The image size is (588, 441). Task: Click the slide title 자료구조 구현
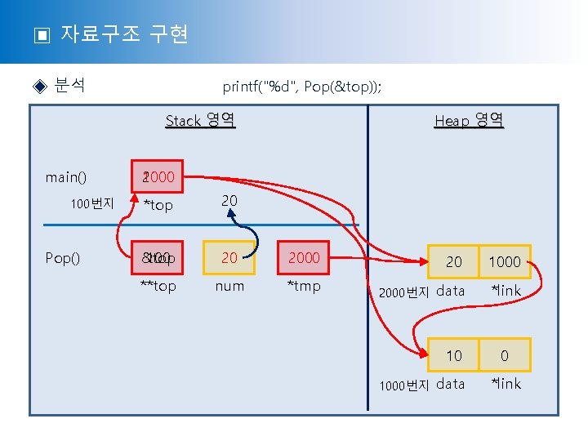coord(124,34)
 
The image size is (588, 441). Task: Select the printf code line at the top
coord(301,87)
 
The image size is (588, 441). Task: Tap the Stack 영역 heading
coord(200,121)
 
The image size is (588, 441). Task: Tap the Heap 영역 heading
coord(469,121)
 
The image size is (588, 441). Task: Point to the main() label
coord(66,176)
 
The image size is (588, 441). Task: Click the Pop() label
coord(64,258)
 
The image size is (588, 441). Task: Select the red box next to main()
coord(160,176)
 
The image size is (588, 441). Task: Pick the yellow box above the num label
coord(229,257)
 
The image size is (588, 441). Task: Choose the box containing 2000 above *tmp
coord(304,257)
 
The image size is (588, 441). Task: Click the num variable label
coord(229,286)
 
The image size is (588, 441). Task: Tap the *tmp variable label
coord(304,286)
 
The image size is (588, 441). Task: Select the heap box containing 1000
coord(505,261)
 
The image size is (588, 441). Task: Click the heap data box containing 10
coord(453,355)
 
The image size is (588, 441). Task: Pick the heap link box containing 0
coord(505,355)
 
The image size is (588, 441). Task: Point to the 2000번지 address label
coord(404,292)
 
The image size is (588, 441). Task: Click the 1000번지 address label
coord(404,385)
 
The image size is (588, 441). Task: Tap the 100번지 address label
coord(91,204)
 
